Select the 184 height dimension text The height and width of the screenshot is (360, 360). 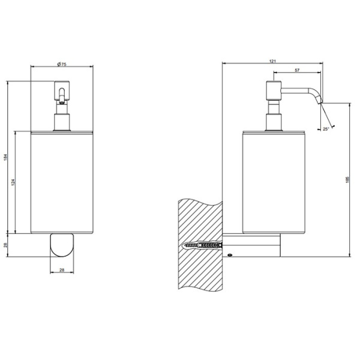click(x=6, y=157)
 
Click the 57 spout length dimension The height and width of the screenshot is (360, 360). click(x=297, y=71)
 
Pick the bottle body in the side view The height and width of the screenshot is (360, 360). click(x=274, y=180)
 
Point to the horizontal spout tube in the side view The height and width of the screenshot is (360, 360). click(x=297, y=91)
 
